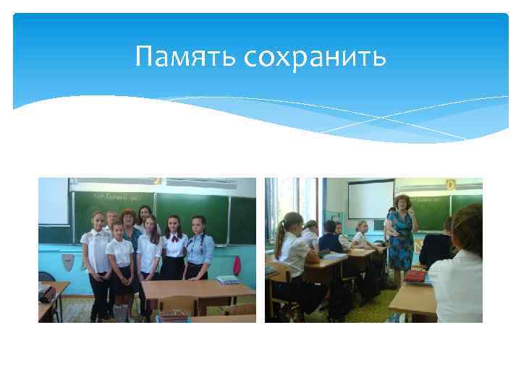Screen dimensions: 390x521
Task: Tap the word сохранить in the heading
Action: (315, 56)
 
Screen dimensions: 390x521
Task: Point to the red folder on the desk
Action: (416, 276)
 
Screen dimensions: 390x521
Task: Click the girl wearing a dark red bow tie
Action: (174, 246)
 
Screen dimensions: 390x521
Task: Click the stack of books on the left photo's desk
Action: (227, 279)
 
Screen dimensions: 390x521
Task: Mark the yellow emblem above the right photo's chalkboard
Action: (450, 185)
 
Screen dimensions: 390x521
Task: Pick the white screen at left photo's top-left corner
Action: (53, 201)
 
